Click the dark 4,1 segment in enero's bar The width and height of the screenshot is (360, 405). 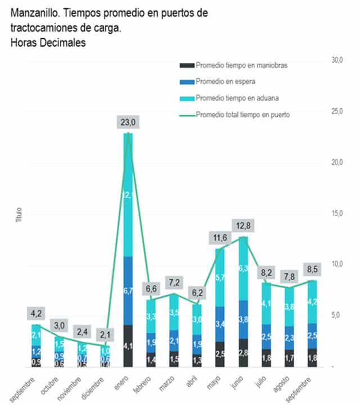pyautogui.click(x=128, y=345)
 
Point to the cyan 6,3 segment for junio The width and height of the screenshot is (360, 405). pyautogui.click(x=244, y=268)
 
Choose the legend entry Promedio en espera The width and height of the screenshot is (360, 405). pyautogui.click(x=225, y=82)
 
